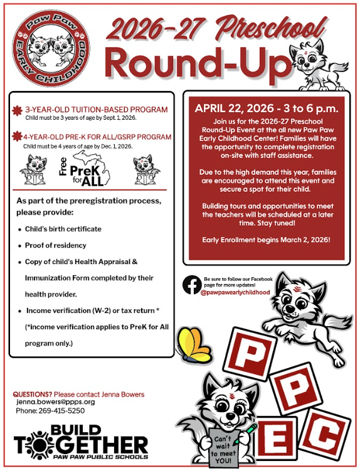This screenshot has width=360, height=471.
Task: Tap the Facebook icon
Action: coord(191,285)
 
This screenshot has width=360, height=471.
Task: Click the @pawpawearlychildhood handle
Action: coord(235,292)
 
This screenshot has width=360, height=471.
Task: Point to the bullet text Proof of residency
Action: coord(56,245)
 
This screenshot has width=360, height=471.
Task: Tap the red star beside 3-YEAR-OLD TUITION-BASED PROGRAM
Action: coord(17,111)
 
